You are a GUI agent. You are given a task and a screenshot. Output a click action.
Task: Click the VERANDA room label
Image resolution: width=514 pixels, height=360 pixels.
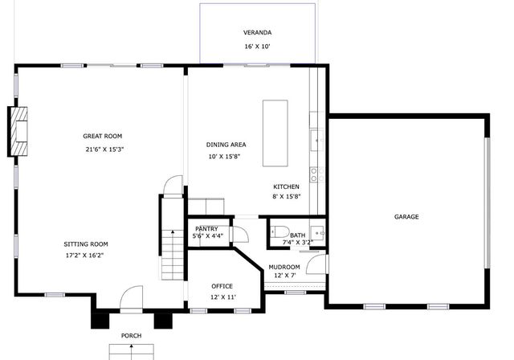(258, 33)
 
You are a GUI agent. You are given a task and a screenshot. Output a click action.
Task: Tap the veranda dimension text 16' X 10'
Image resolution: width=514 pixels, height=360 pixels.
(258, 47)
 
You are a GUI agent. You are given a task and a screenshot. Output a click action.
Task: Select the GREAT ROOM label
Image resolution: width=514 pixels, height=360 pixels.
(102, 136)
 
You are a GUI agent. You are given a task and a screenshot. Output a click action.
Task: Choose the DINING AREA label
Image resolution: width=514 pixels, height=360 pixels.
(226, 145)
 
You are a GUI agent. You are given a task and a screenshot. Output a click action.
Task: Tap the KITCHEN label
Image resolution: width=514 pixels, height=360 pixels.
(286, 186)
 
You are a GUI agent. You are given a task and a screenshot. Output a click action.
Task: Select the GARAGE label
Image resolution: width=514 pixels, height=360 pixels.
(406, 216)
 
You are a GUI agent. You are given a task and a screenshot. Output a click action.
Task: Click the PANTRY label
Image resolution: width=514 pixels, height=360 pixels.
(206, 229)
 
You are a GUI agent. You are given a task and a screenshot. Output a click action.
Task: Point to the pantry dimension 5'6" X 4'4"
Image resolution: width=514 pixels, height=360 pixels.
(208, 236)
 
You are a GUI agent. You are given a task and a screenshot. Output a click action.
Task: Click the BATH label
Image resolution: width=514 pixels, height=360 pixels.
(297, 235)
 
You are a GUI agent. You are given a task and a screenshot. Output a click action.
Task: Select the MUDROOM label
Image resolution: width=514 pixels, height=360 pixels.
(284, 267)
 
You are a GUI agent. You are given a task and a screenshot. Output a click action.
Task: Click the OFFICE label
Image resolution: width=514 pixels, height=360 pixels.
(222, 286)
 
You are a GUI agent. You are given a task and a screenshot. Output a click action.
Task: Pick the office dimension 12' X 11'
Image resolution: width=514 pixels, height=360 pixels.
(222, 297)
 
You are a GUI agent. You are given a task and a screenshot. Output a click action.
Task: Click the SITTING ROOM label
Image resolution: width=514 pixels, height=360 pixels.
(86, 244)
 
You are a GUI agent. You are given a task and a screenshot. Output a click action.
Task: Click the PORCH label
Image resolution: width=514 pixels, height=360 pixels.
(131, 335)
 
